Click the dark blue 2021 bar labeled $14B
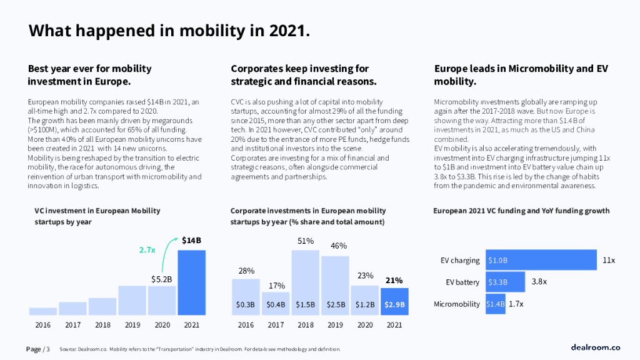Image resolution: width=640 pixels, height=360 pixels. [191, 282]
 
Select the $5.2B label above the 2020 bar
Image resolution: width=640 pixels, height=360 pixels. [162, 279]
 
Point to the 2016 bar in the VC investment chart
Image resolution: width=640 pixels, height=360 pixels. [42, 311]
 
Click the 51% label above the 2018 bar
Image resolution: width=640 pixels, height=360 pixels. [305, 241]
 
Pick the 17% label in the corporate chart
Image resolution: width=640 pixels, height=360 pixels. [276, 286]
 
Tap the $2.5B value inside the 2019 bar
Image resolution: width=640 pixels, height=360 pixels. [335, 304]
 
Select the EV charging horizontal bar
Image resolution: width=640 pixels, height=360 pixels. [541, 260]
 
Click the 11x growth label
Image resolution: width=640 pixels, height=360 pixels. [609, 260]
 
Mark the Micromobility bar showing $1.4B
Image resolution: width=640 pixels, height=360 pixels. [495, 304]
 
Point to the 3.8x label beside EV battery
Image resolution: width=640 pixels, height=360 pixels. [539, 282]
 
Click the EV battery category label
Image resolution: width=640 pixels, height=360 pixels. [462, 282]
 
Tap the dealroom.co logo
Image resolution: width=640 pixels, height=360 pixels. [595, 347]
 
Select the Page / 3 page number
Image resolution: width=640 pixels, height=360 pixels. [37, 349]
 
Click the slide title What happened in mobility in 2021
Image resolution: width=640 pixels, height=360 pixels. [169, 30]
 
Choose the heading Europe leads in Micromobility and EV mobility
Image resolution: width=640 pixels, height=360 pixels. [521, 75]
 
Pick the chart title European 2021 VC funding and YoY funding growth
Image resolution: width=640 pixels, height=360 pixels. [521, 211]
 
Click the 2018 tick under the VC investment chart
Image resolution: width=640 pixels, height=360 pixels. [102, 325]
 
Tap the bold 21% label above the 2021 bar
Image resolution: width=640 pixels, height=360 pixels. [394, 281]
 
